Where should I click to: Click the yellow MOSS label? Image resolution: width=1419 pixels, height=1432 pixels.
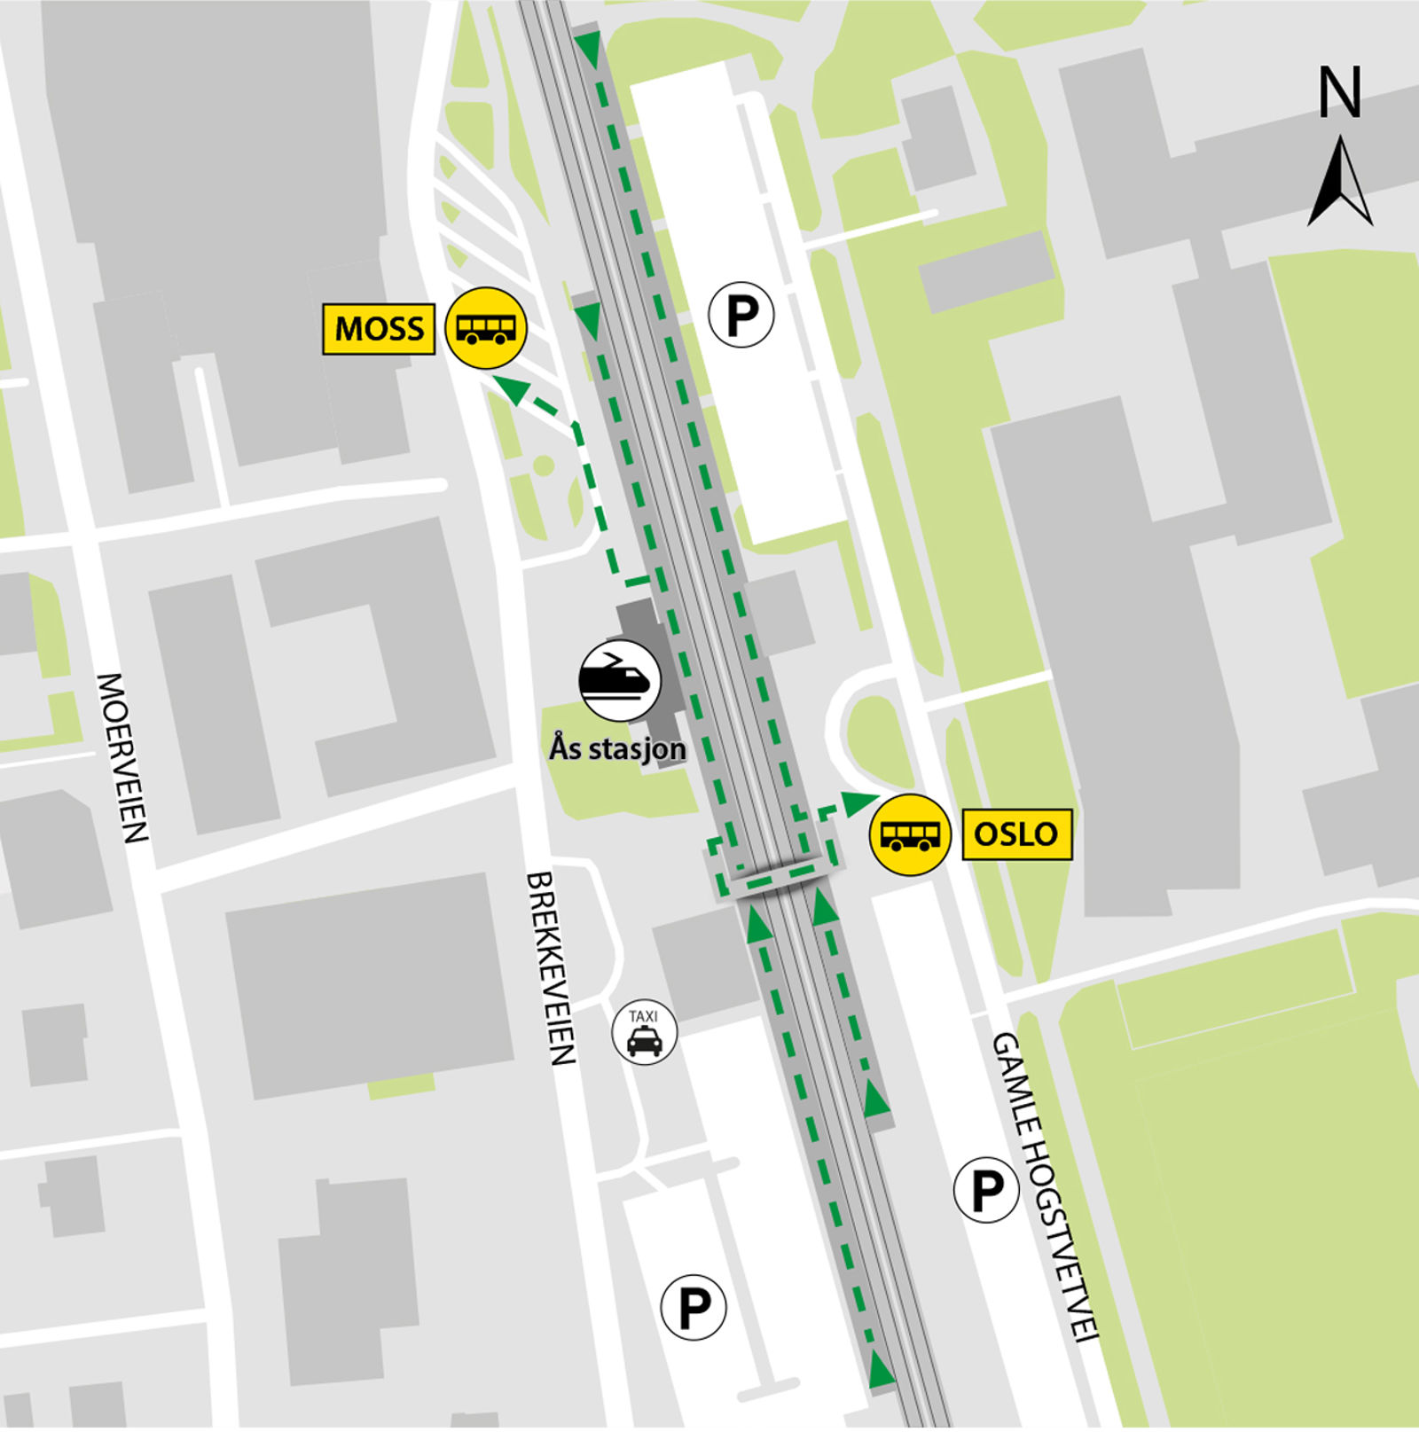pos(379,329)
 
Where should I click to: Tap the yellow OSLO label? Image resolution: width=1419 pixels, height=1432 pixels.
pos(1016,834)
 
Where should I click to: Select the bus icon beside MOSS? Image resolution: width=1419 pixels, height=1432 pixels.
pos(485,328)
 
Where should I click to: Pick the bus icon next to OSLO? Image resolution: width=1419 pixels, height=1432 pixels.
pos(910,834)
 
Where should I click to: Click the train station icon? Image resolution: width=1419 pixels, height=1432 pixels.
pos(620,680)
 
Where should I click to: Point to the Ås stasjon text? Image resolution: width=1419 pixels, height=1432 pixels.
pos(617,748)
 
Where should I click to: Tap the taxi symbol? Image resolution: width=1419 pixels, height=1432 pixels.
pos(645,1032)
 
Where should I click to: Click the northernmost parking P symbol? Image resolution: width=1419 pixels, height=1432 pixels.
pos(741,314)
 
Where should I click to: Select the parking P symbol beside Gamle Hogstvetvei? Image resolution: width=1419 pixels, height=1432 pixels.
pos(985,1190)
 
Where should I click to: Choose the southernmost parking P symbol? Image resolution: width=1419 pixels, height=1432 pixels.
pos(694,1307)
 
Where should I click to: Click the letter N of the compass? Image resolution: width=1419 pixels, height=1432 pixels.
pos(1339,92)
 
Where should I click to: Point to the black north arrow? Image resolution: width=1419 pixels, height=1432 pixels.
pos(1340,183)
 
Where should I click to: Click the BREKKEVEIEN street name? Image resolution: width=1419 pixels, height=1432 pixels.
pos(551,967)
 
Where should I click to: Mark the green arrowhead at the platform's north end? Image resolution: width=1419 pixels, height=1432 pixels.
pos(587,49)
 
